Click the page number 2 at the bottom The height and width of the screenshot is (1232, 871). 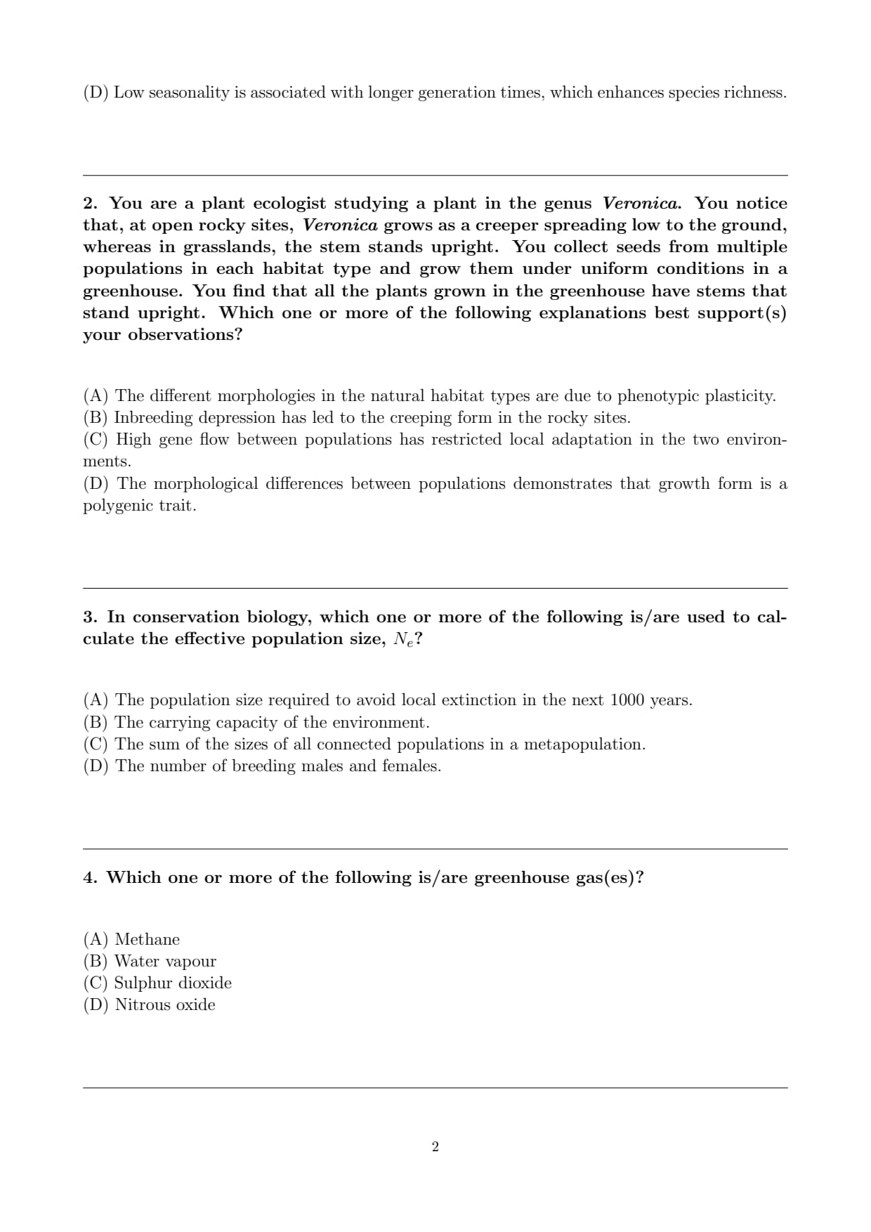pyautogui.click(x=435, y=1147)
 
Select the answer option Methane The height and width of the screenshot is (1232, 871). pyautogui.click(x=147, y=939)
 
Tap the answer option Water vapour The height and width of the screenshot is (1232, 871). pyautogui.click(x=165, y=961)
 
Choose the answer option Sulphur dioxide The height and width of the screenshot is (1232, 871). pyautogui.click(x=173, y=983)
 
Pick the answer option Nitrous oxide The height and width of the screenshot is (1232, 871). pyautogui.click(x=165, y=1004)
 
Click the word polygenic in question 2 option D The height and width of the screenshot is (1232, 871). pyautogui.click(x=115, y=506)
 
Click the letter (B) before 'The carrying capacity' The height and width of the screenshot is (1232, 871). pyautogui.click(x=96, y=723)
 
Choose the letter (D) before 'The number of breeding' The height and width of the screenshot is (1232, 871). pyautogui.click(x=96, y=766)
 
